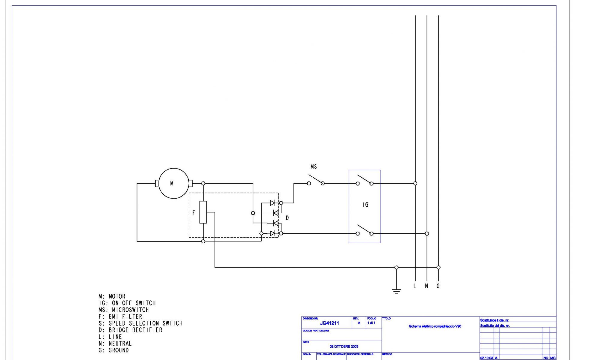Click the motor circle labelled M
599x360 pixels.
click(x=174, y=183)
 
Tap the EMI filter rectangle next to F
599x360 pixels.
click(x=203, y=212)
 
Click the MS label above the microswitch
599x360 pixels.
click(x=314, y=167)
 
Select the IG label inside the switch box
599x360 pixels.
click(x=365, y=205)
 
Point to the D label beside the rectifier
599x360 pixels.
click(x=287, y=218)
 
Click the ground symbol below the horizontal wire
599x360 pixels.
click(x=396, y=290)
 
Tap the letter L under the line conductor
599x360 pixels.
click(x=415, y=286)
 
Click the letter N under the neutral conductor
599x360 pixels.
click(x=426, y=286)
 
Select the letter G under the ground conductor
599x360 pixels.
click(x=438, y=286)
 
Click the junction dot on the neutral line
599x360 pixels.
click(x=427, y=233)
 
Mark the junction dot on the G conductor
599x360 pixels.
click(x=438, y=267)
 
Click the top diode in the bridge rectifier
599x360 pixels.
click(x=273, y=203)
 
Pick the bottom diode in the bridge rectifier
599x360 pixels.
click(x=273, y=233)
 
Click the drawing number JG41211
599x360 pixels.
click(x=329, y=323)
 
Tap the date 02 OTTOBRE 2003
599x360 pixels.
click(x=344, y=346)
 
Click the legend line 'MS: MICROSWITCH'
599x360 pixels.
click(x=124, y=310)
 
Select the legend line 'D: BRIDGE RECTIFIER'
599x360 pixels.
click(x=130, y=330)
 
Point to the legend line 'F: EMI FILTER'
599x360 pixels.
click(x=120, y=316)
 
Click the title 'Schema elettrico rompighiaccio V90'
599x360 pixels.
click(x=435, y=326)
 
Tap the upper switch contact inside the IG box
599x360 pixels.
click(x=364, y=180)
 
